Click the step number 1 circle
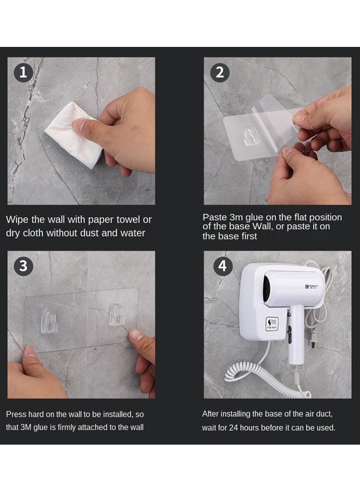[x=23, y=73]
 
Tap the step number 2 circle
[x=220, y=73]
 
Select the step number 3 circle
[x=23, y=266]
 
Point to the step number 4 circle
[x=223, y=266]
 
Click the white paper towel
[x=74, y=135]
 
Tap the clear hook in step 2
[x=250, y=136]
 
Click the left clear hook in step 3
[x=50, y=321]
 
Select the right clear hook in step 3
[x=116, y=315]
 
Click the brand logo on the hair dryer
[x=312, y=286]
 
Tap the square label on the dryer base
[x=272, y=324]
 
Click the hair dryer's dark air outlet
[x=267, y=289]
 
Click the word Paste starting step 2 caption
[x=214, y=217]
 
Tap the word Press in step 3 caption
[x=16, y=414]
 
